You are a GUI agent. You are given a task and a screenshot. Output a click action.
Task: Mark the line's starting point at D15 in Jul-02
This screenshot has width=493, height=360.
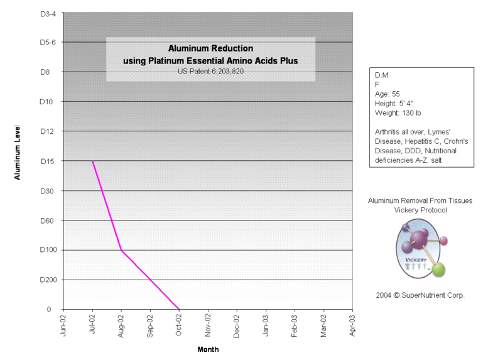(x=93, y=161)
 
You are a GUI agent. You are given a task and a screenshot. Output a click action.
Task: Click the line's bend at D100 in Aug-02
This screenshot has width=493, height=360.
(x=121, y=251)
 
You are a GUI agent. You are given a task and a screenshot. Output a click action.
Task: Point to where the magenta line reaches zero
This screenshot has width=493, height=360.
(x=179, y=309)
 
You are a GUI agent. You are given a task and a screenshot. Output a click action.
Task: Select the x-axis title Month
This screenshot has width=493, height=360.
(x=208, y=349)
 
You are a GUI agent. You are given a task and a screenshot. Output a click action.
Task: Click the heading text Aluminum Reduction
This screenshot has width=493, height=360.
(x=210, y=48)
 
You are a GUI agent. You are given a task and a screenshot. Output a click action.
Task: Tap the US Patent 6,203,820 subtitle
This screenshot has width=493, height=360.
(x=210, y=70)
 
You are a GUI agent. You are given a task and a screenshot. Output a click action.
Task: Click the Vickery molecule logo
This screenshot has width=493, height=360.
(x=421, y=248)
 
